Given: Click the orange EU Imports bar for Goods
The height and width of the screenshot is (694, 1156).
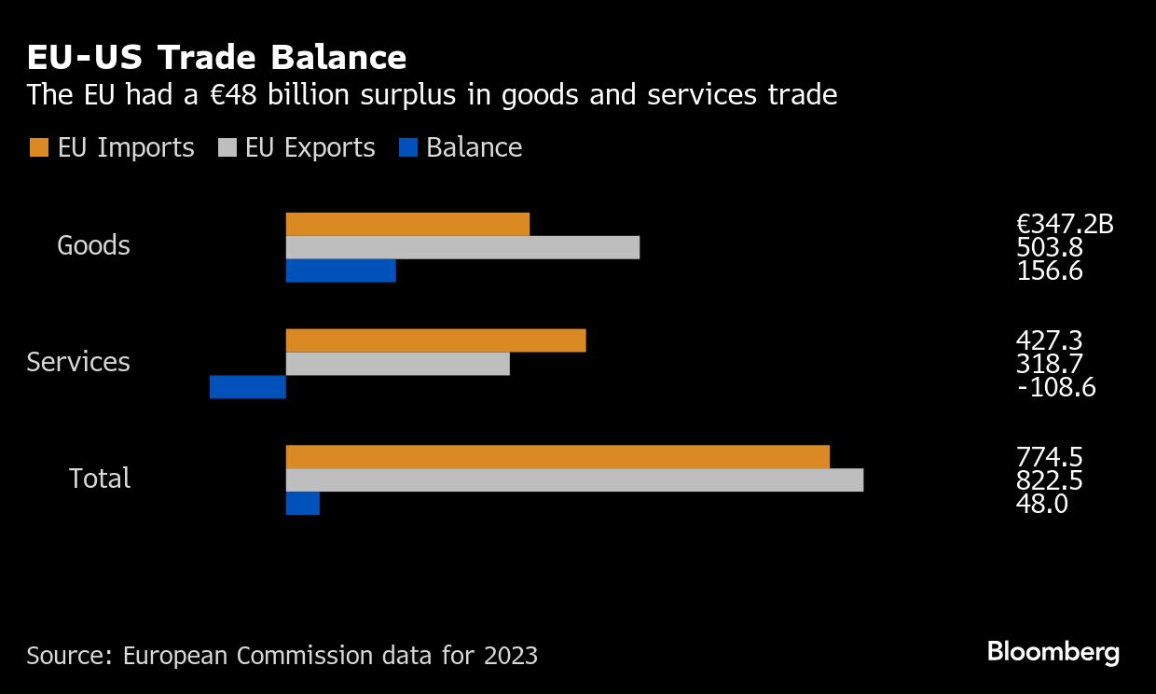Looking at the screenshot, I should [x=407, y=224].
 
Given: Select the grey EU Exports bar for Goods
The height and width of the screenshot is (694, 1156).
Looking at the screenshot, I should [x=462, y=247].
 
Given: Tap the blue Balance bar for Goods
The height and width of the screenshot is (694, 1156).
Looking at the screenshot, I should [x=340, y=271].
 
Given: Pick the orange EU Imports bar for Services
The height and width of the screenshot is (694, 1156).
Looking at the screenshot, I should [x=435, y=340].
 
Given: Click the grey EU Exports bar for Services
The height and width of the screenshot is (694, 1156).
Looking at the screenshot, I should [x=397, y=364].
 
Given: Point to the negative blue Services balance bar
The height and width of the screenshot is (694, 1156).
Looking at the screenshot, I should [x=247, y=387].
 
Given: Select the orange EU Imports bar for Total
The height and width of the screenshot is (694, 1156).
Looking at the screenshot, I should [x=557, y=457].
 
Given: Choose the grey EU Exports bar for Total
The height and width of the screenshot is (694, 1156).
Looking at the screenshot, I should [x=574, y=479].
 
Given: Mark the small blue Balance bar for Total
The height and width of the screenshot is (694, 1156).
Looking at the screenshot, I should [x=302, y=504].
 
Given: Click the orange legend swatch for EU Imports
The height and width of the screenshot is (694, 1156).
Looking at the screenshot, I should [x=38, y=148].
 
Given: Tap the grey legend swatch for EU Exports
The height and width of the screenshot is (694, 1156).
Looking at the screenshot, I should [x=227, y=148].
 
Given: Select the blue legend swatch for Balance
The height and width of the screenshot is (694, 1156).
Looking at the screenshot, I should [x=407, y=148].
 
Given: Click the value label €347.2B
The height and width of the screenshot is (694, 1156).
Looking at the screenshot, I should [x=1065, y=224].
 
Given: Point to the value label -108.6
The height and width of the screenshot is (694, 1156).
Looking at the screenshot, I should [x=1055, y=387].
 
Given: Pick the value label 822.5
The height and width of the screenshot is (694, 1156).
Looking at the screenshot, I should [x=1049, y=480].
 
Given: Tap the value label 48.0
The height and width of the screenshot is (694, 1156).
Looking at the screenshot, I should [x=1041, y=504].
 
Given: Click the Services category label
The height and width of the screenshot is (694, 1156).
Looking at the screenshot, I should [x=78, y=362].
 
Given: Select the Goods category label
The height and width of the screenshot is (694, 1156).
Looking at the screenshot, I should [x=93, y=245].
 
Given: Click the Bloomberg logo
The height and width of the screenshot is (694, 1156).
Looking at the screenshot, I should [x=1053, y=652].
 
